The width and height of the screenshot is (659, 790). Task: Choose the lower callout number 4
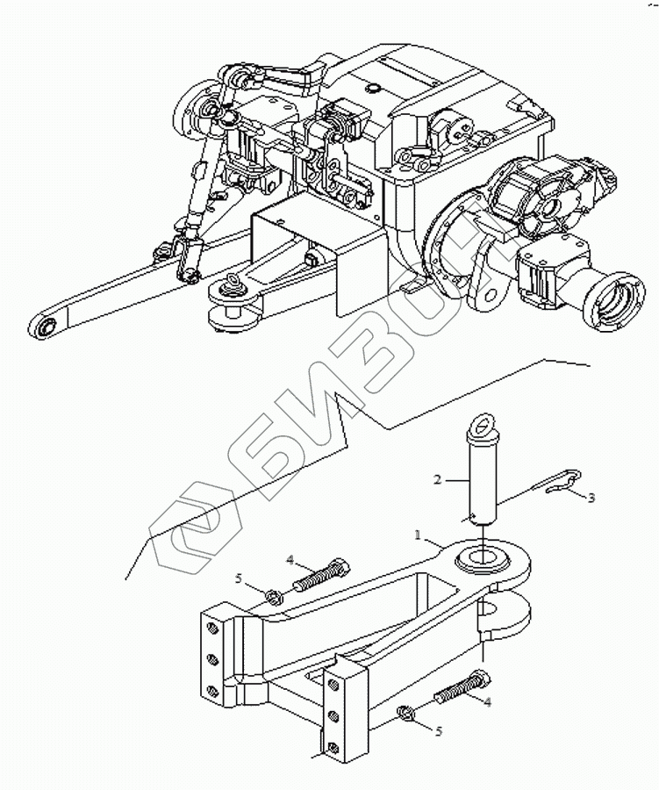click(487, 701)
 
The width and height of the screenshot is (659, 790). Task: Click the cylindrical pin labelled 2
click(484, 478)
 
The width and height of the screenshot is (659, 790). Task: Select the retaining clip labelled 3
click(558, 483)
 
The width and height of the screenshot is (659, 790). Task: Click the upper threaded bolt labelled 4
click(322, 576)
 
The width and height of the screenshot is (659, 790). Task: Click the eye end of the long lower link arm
click(46, 327)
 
